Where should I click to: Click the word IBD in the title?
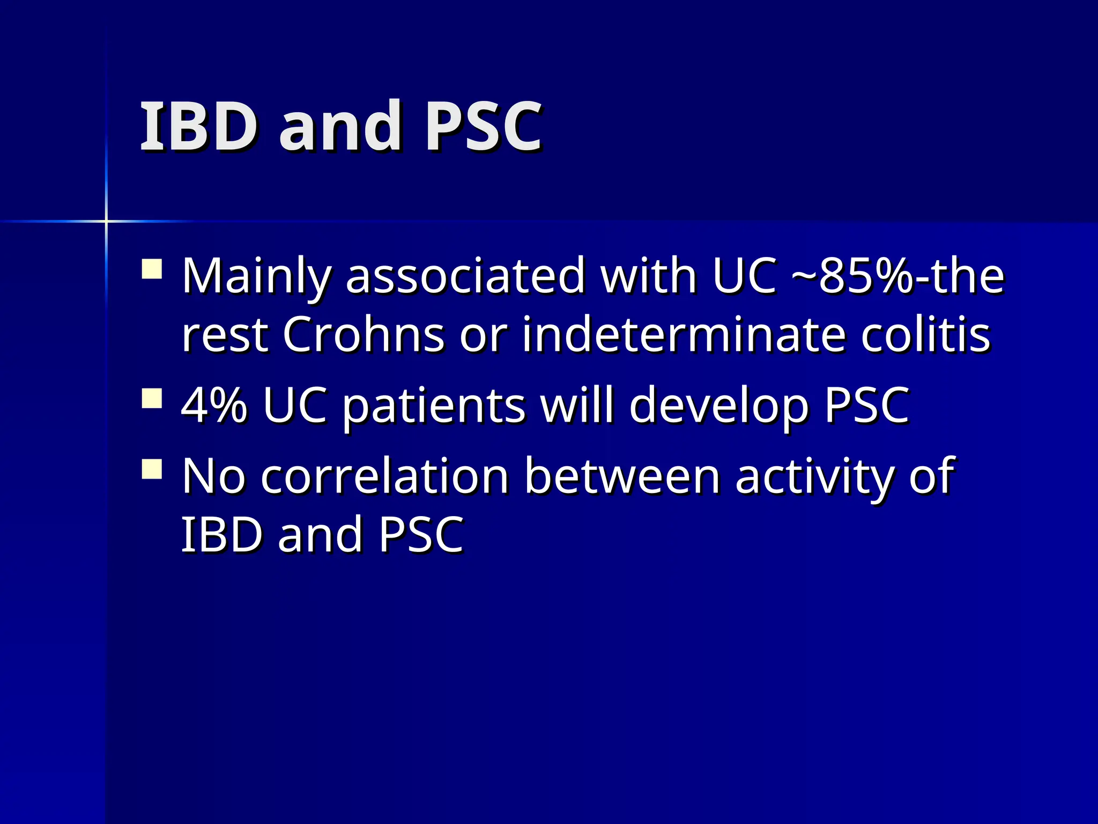[199, 127]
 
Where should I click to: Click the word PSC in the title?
[484, 127]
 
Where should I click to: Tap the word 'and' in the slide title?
[340, 127]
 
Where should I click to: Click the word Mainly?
[256, 276]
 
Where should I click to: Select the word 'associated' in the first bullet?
[465, 276]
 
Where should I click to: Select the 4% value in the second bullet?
[214, 405]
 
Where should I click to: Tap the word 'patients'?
[434, 406]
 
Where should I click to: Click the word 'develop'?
[719, 406]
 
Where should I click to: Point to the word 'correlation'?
[384, 476]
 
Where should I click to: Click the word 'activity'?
[814, 476]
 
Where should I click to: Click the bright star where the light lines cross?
[106, 220]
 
